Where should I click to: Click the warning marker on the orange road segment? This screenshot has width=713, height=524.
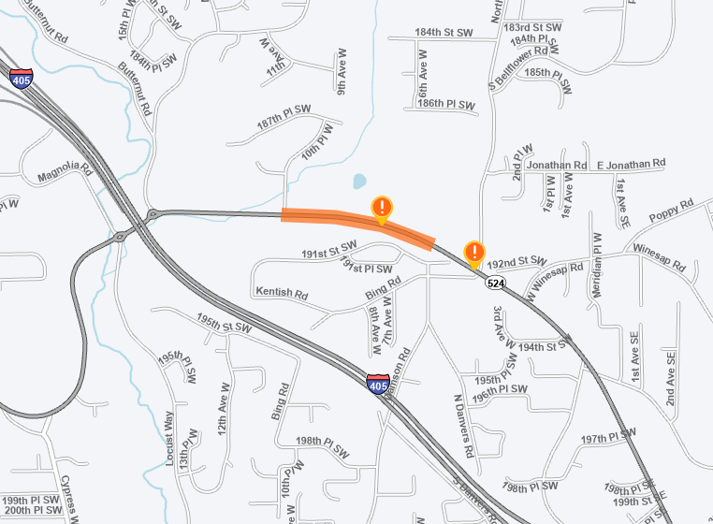[x=382, y=209]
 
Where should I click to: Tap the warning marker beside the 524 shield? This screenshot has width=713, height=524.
[x=474, y=253]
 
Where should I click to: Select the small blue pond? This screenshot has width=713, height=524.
[x=358, y=181]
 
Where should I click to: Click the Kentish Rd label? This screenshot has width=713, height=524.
[x=282, y=293]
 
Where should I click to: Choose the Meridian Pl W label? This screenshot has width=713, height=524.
[x=597, y=266]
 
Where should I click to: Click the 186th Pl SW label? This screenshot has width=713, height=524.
[x=448, y=103]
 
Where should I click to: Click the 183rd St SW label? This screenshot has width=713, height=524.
[x=532, y=27]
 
